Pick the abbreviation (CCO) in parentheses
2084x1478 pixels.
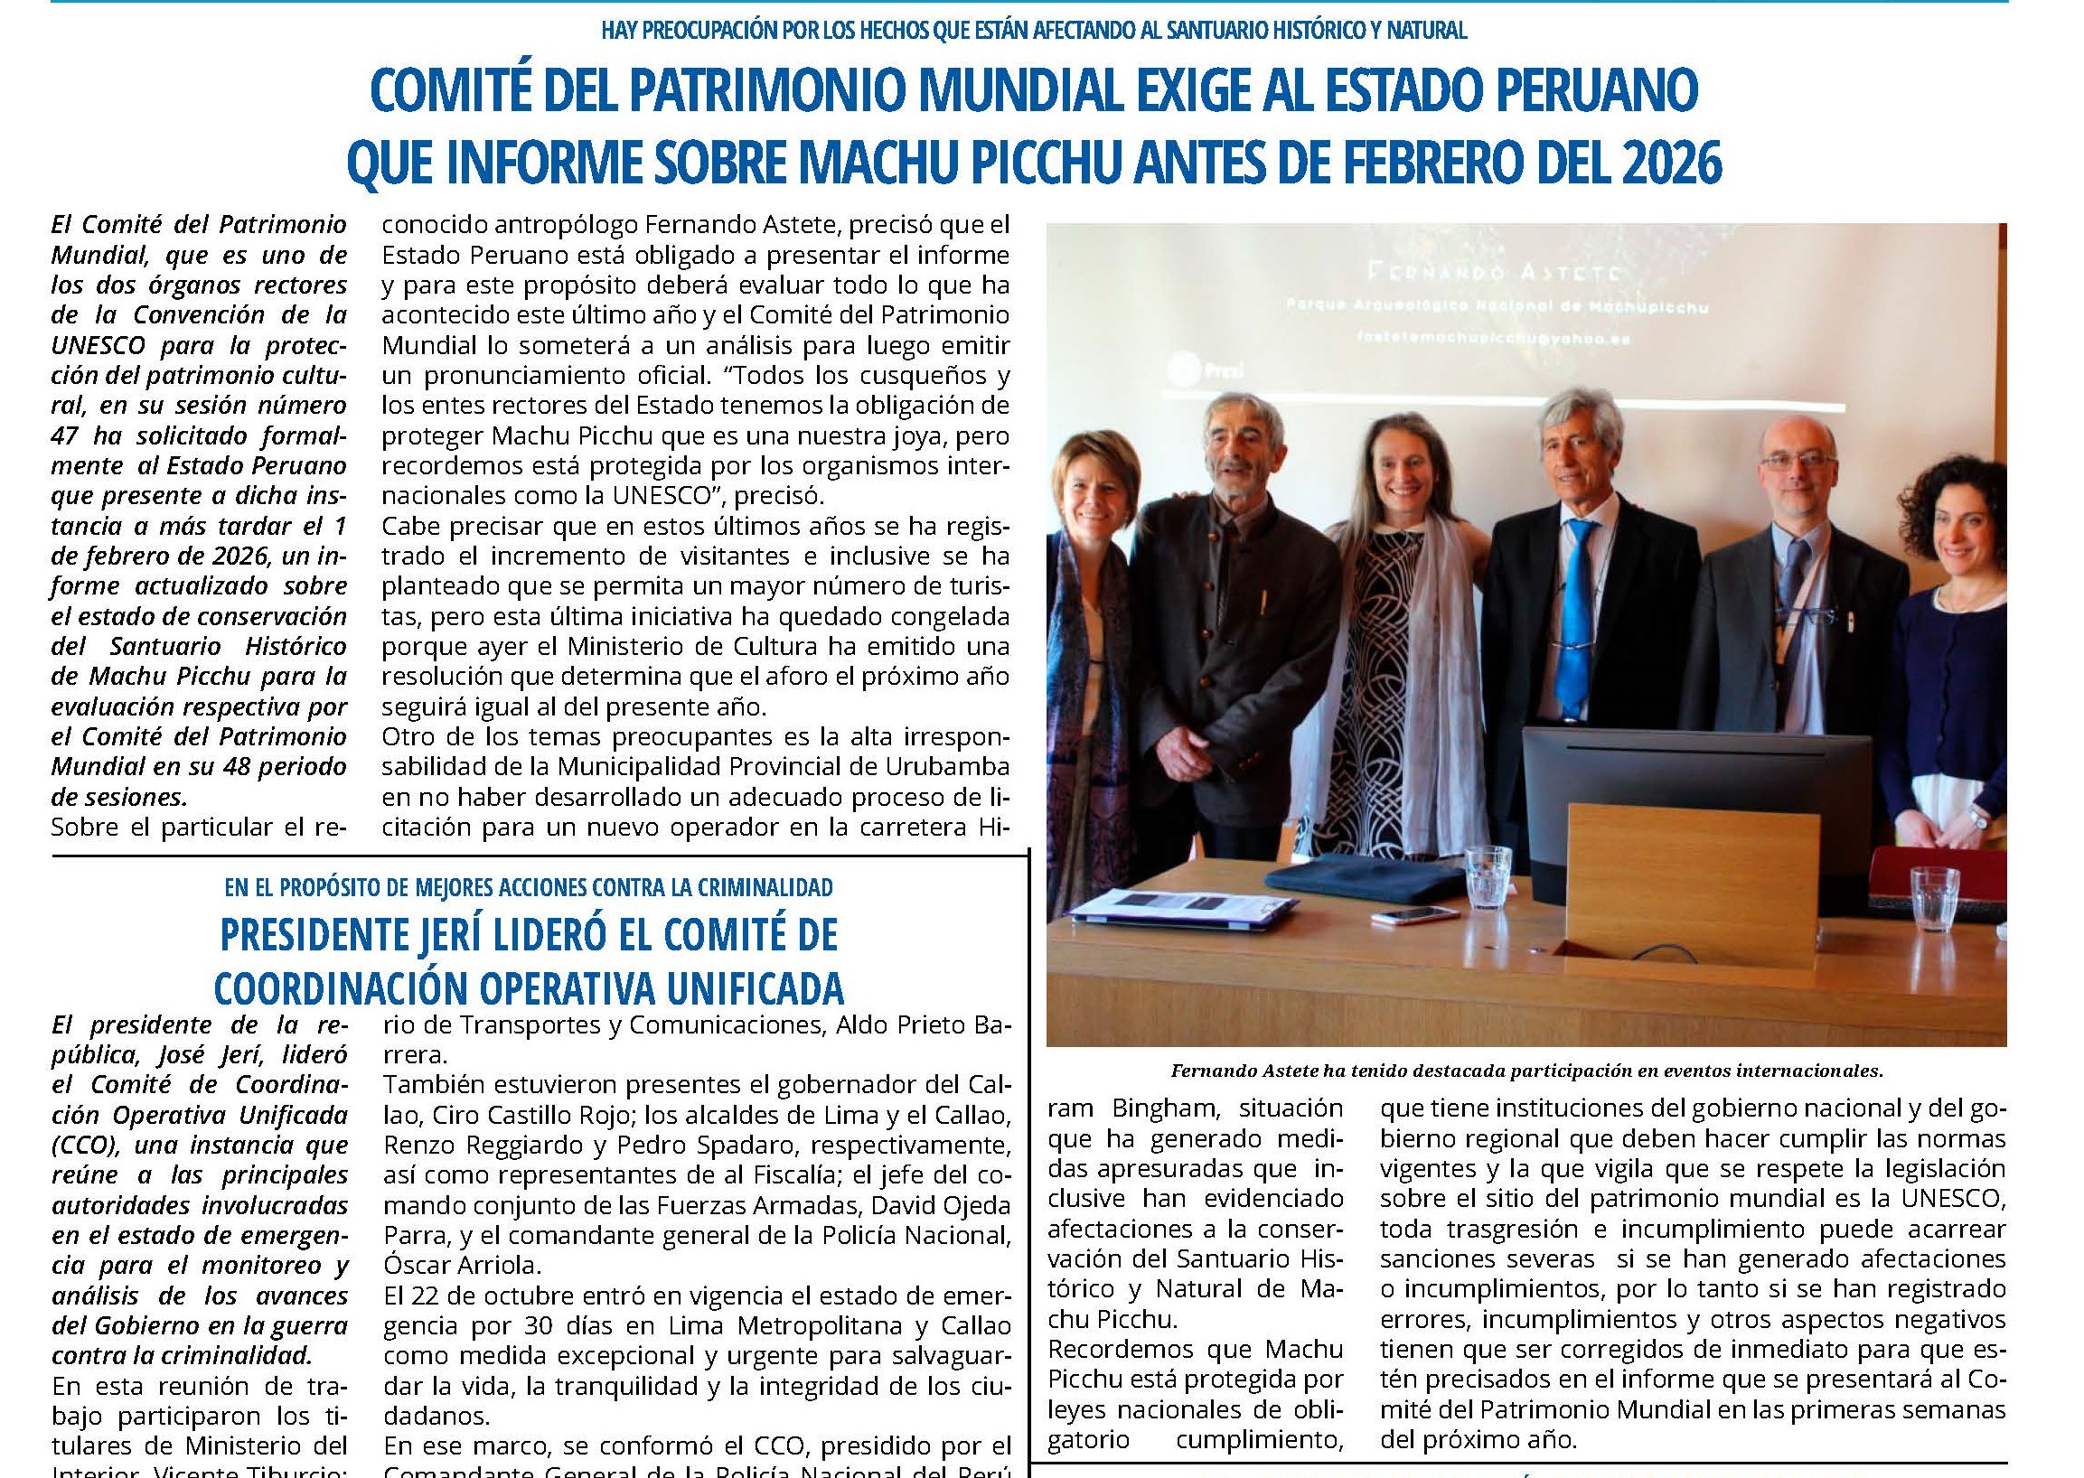(84, 1144)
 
